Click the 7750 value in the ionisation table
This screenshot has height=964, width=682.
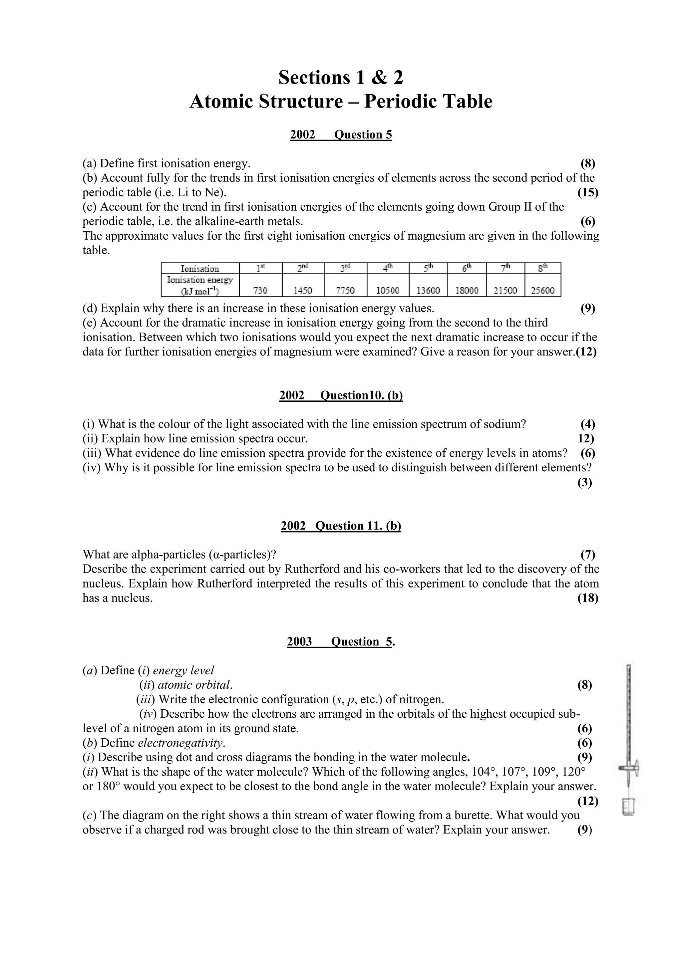coord(345,290)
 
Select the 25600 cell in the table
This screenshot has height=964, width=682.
coord(542,290)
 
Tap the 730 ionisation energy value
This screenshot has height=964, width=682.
coord(260,290)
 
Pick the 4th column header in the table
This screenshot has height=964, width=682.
coord(387,268)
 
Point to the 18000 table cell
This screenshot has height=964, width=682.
coord(467,290)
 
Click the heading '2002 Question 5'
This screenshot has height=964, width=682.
coord(341,135)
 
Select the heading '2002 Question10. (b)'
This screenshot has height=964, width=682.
coord(341,395)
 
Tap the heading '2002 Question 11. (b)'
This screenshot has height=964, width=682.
coord(341,526)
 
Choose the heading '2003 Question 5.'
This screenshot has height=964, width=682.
coord(341,641)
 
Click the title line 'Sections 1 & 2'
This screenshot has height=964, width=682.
coord(341,78)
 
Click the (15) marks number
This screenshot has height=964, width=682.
coord(588,193)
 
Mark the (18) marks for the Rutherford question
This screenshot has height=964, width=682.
coord(588,598)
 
